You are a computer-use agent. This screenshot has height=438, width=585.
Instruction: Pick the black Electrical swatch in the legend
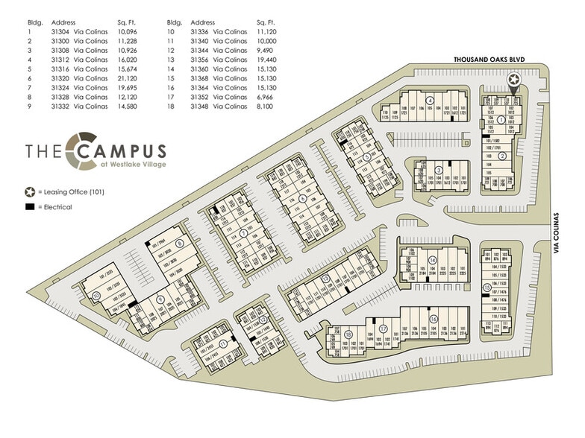[x=28, y=206]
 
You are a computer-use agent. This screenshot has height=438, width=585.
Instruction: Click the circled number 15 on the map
[x=487, y=288]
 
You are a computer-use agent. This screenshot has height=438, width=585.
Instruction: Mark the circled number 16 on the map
[x=433, y=319]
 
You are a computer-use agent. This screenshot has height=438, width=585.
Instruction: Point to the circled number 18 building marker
[x=348, y=335]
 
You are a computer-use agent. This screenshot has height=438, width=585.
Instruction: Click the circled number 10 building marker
[x=96, y=296]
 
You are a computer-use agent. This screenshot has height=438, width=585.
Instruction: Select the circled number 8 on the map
[x=179, y=244]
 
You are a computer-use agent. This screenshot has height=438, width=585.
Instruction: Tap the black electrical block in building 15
[x=486, y=296]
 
